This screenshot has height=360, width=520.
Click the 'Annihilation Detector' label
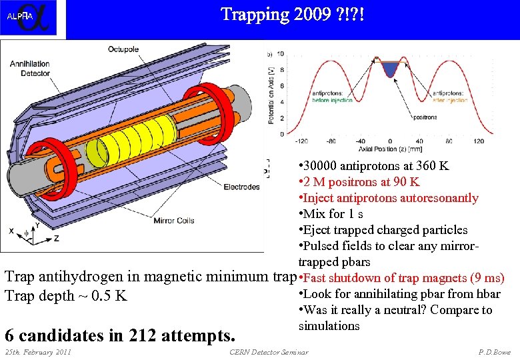[x=29, y=69]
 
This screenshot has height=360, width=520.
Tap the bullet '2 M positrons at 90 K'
[x=359, y=182]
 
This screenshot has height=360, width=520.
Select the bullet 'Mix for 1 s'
[x=331, y=214]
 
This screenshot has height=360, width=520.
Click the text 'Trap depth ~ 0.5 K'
[x=65, y=296]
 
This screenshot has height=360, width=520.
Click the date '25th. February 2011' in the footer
[x=38, y=352]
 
